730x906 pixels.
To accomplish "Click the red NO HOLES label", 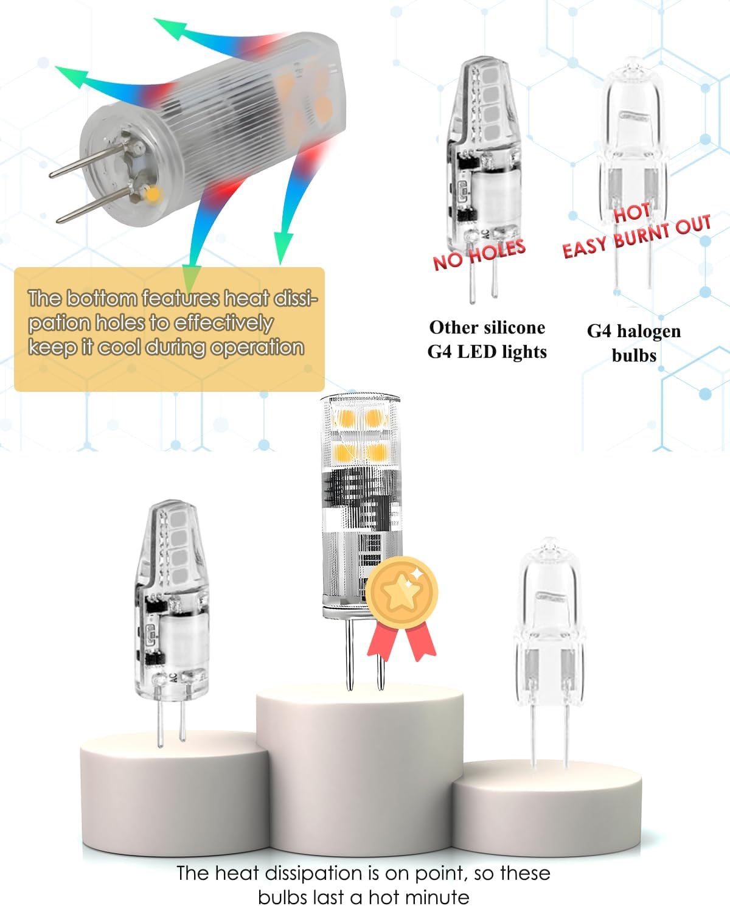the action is pyautogui.click(x=479, y=254).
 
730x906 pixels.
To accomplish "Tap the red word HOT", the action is pyautogui.click(x=631, y=212).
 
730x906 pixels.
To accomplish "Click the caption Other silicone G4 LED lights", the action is pyautogui.click(x=487, y=340).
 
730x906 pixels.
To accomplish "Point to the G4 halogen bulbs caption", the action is pyautogui.click(x=634, y=343).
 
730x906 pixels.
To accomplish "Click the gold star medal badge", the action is pyautogui.click(x=401, y=593).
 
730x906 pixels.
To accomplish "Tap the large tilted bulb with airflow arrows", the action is pyautogui.click(x=198, y=127).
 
